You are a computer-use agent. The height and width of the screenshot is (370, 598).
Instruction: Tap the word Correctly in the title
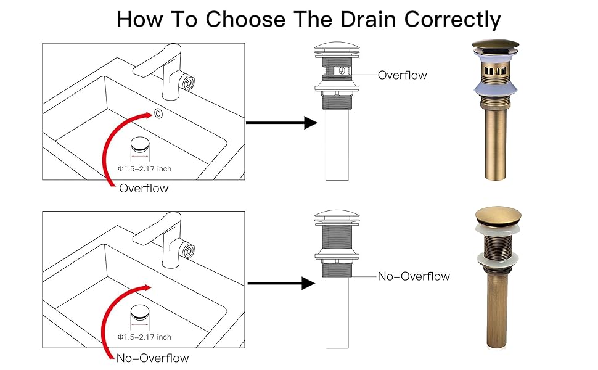pyautogui.click(x=454, y=20)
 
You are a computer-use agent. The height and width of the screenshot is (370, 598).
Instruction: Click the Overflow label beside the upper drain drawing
pyautogui.click(x=402, y=75)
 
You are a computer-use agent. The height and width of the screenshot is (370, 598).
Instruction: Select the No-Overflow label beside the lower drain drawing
pyautogui.click(x=414, y=276)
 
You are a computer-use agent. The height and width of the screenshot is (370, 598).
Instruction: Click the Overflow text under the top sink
pyautogui.click(x=143, y=188)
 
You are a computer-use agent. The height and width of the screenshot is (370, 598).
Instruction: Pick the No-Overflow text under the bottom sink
pyautogui.click(x=152, y=358)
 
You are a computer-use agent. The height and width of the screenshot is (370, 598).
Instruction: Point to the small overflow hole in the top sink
pyautogui.click(x=159, y=113)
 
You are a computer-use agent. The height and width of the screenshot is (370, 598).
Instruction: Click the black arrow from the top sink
pyautogui.click(x=281, y=123)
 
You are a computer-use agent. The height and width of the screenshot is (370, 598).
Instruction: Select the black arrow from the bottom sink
pyautogui.click(x=281, y=284)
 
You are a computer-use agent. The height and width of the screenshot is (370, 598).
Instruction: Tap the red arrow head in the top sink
pyautogui.click(x=145, y=116)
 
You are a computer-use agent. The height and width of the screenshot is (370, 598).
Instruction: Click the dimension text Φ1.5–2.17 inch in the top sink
pyautogui.click(x=145, y=169)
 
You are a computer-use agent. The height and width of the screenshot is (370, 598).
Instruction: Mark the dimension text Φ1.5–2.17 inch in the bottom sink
pyautogui.click(x=145, y=337)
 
